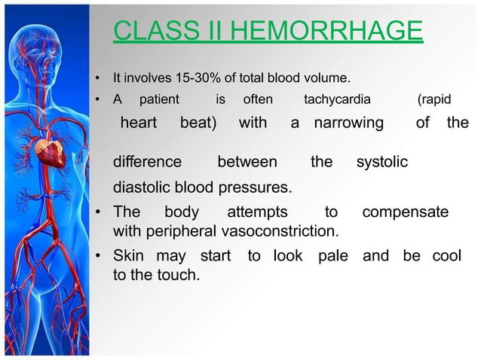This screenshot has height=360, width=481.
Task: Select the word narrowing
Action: [348, 123]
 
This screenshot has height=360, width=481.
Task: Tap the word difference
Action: [147, 162]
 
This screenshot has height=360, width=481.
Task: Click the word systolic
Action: [381, 162]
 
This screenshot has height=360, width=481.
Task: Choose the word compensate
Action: [406, 212]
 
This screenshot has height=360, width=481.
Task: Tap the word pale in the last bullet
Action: [333, 256]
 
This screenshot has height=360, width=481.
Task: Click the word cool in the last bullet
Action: [446, 256]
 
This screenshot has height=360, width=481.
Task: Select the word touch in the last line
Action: [179, 276]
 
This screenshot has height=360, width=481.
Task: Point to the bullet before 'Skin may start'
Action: [98, 257]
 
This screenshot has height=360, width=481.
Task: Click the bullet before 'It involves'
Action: [98, 78]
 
